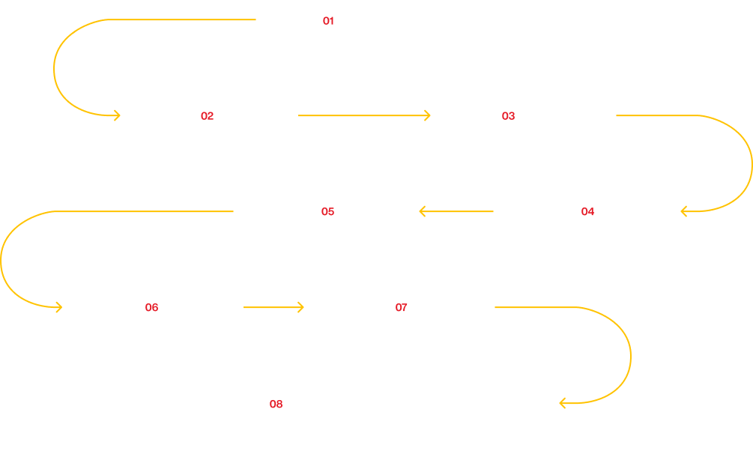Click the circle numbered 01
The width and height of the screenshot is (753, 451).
point(327,20)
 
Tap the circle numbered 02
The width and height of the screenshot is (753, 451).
point(207,115)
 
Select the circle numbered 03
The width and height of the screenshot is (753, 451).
point(508,115)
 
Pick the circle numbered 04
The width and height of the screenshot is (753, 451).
point(587,211)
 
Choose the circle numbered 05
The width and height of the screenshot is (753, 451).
point(327,211)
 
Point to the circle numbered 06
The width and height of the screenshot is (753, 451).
point(151,307)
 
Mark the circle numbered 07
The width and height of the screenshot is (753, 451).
point(401,307)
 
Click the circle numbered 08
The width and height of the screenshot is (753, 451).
point(276,404)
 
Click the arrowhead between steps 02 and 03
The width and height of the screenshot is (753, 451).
point(427,115)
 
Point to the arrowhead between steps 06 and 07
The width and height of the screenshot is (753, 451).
point(300,307)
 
